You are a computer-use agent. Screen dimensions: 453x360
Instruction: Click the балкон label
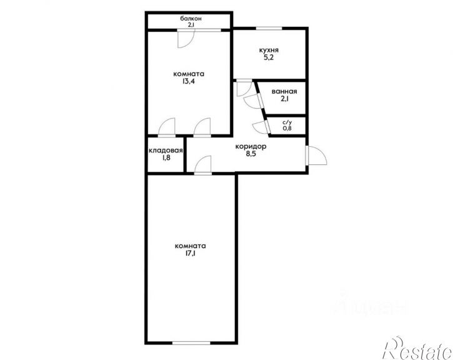coord(191,19)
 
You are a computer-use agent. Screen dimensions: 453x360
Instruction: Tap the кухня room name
coord(269,50)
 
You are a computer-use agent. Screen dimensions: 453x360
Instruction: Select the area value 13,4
coord(188,81)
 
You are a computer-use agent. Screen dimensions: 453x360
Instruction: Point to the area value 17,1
coord(190,254)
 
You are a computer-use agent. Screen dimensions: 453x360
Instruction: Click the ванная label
coord(284,92)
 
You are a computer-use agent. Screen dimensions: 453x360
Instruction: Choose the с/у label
coord(287,122)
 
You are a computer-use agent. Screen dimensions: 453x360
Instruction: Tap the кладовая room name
coord(166,151)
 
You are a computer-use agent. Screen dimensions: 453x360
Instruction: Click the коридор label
coord(251,146)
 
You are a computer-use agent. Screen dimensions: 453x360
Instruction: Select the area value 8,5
coord(251,154)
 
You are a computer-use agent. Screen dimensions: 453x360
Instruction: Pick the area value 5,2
coord(269,57)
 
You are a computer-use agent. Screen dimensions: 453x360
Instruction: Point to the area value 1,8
coord(166,157)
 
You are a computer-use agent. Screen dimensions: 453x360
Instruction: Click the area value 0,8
coord(287,128)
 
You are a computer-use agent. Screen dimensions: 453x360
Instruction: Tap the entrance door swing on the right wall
coord(317,155)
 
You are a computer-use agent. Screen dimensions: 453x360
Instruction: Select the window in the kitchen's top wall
coord(269,28)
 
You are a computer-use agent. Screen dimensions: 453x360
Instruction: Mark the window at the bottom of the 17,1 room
coord(191,343)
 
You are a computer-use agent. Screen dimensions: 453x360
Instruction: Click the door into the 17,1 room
coord(203,165)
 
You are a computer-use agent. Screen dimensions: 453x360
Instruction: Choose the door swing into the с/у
coord(261,127)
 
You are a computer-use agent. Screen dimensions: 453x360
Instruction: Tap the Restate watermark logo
coord(417,349)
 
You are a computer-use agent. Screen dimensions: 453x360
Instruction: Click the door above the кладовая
coord(167,127)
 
